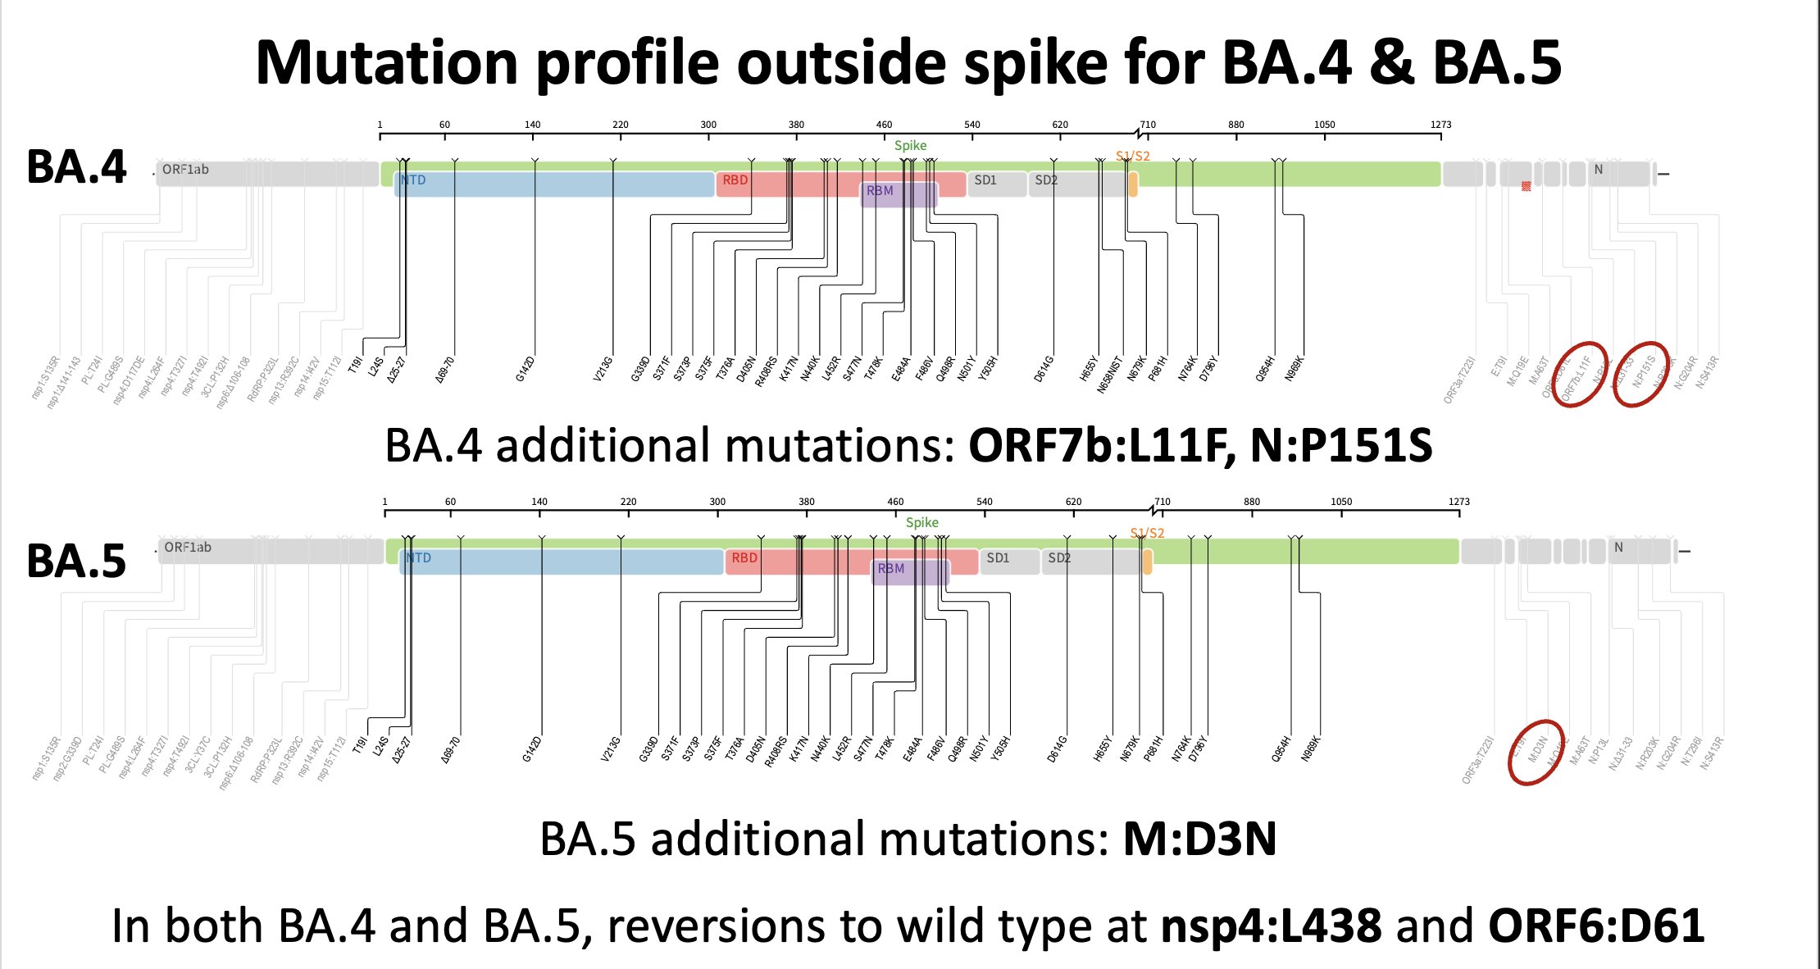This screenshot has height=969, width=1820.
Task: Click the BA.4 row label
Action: pos(76,167)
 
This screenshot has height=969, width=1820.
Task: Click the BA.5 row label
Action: pos(76,562)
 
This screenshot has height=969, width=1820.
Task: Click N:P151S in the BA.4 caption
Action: pos(1341,447)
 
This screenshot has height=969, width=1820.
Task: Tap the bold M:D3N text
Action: pos(1199,839)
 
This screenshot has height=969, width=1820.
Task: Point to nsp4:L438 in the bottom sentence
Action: pos(1271,926)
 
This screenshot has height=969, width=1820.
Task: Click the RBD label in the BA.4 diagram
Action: pos(735,180)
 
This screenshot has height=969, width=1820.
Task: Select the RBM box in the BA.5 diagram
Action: pos(908,570)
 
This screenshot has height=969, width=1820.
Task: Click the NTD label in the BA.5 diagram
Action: pos(418,558)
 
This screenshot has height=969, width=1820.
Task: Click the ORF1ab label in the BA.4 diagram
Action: pos(185,170)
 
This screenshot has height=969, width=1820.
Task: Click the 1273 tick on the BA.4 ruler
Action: pos(1440,125)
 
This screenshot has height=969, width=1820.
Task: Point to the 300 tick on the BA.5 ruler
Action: pos(717,502)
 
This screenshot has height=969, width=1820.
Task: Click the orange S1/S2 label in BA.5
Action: pos(1147,533)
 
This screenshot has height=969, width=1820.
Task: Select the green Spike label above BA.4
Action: pos(910,145)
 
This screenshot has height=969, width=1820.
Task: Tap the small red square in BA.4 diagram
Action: pos(1526,186)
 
